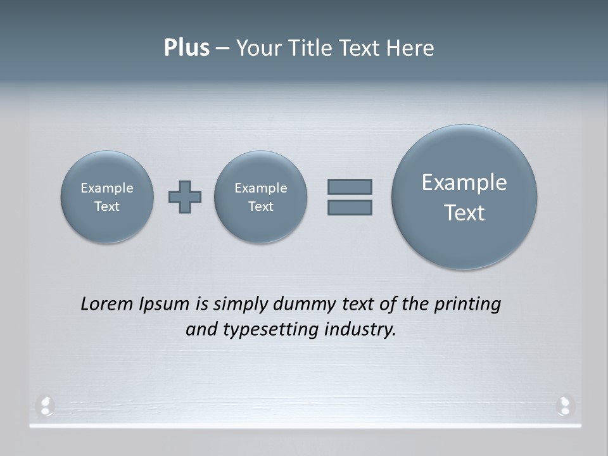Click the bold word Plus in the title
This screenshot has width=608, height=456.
186,48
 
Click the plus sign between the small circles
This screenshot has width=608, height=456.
185,197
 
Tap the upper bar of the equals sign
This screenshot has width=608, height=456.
350,187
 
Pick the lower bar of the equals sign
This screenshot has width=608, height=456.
350,207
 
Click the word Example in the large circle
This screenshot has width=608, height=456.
464,182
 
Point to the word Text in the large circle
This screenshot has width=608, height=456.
464,213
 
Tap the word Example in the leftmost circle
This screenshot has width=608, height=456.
107,188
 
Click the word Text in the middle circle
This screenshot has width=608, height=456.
261,206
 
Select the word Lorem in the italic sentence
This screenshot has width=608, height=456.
107,304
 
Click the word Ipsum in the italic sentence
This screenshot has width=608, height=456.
164,304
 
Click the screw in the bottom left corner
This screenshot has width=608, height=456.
46,405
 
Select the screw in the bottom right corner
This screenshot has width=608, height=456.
564,405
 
